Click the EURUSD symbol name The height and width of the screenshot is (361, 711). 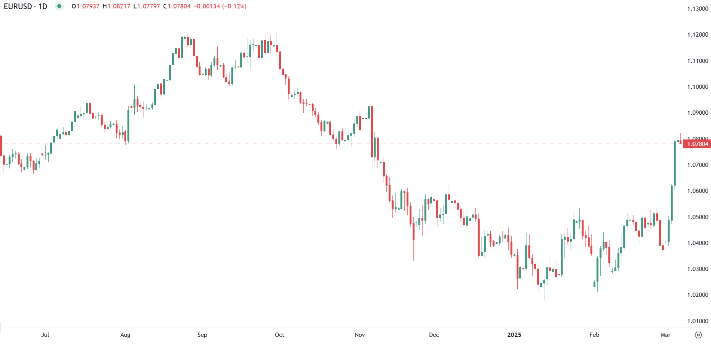point(18,6)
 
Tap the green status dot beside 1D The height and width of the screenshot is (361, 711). point(59,6)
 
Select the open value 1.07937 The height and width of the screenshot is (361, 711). point(88,6)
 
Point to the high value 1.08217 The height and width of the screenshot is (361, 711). point(118,6)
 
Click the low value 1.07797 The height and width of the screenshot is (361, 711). point(149,6)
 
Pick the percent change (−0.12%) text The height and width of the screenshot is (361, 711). point(234,6)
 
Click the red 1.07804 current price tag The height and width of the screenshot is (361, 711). point(697,144)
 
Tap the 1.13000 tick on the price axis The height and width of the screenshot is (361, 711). point(697,9)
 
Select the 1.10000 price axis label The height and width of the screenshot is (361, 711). point(697,87)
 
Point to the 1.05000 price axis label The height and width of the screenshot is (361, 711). point(697,217)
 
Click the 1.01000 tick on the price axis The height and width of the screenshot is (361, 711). point(697,321)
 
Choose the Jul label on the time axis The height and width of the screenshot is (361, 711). point(45,335)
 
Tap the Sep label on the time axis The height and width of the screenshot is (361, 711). point(202,335)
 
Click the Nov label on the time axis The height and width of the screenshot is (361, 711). point(360,335)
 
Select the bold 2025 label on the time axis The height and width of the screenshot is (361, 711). point(514,335)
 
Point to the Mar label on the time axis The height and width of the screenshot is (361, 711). point(665,335)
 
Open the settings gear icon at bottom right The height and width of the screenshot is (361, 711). point(698,335)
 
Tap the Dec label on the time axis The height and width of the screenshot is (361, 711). point(434,335)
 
